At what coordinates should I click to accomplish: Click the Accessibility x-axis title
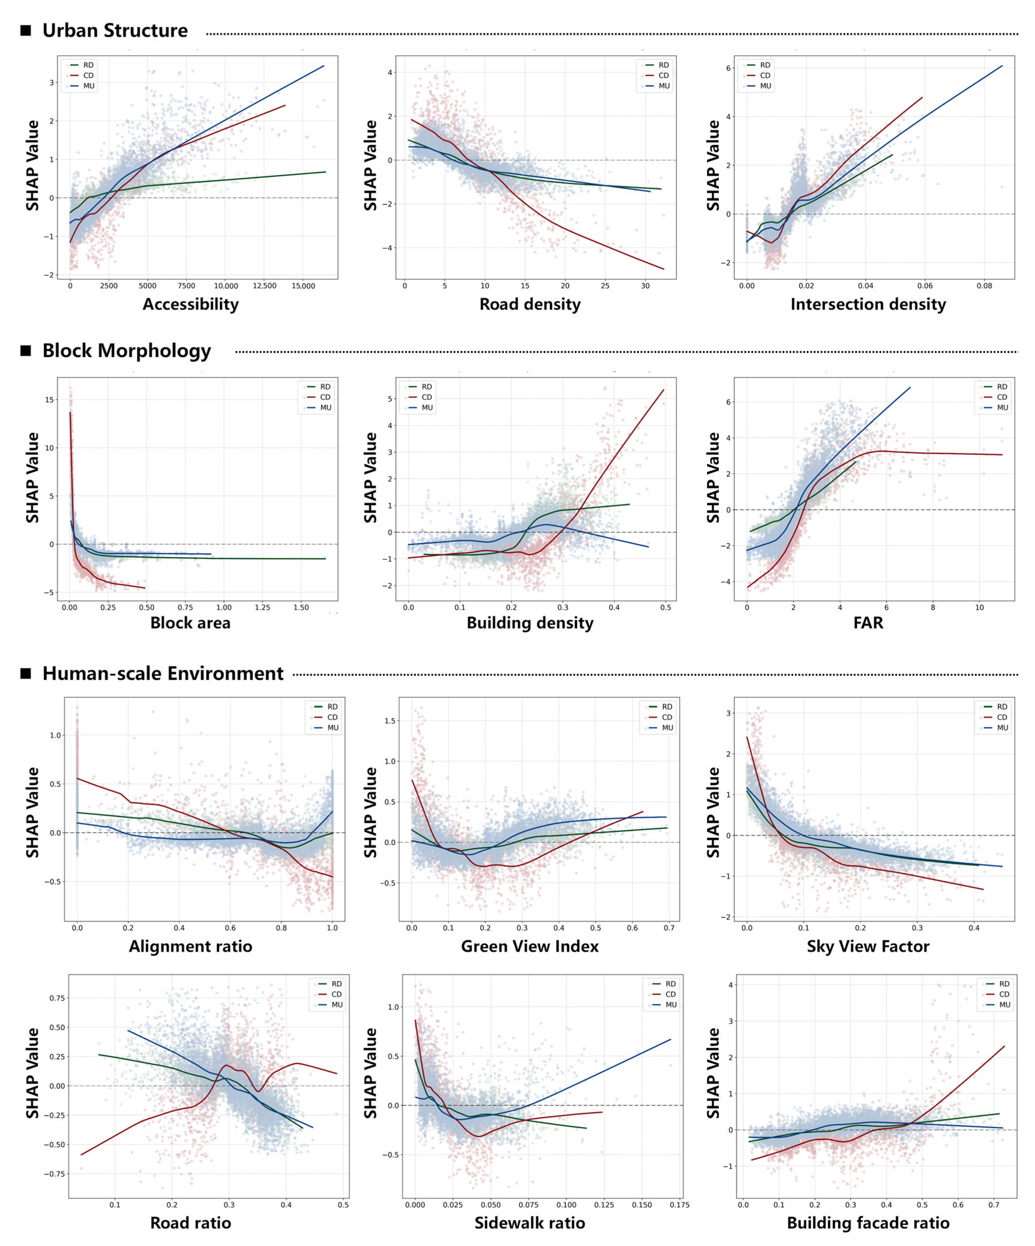pyautogui.click(x=190, y=304)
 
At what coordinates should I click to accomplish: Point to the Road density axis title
pyautogui.click(x=530, y=304)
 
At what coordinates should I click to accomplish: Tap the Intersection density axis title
pyautogui.click(x=868, y=304)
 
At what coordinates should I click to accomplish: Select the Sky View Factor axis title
pyautogui.click(x=868, y=946)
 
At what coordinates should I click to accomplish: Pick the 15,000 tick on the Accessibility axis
pyautogui.click(x=303, y=286)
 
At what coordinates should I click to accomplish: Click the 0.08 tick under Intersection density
pyautogui.click(x=984, y=286)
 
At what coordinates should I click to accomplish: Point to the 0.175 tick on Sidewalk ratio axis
pyautogui.click(x=679, y=1205)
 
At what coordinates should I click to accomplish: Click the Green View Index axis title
pyautogui.click(x=530, y=946)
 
